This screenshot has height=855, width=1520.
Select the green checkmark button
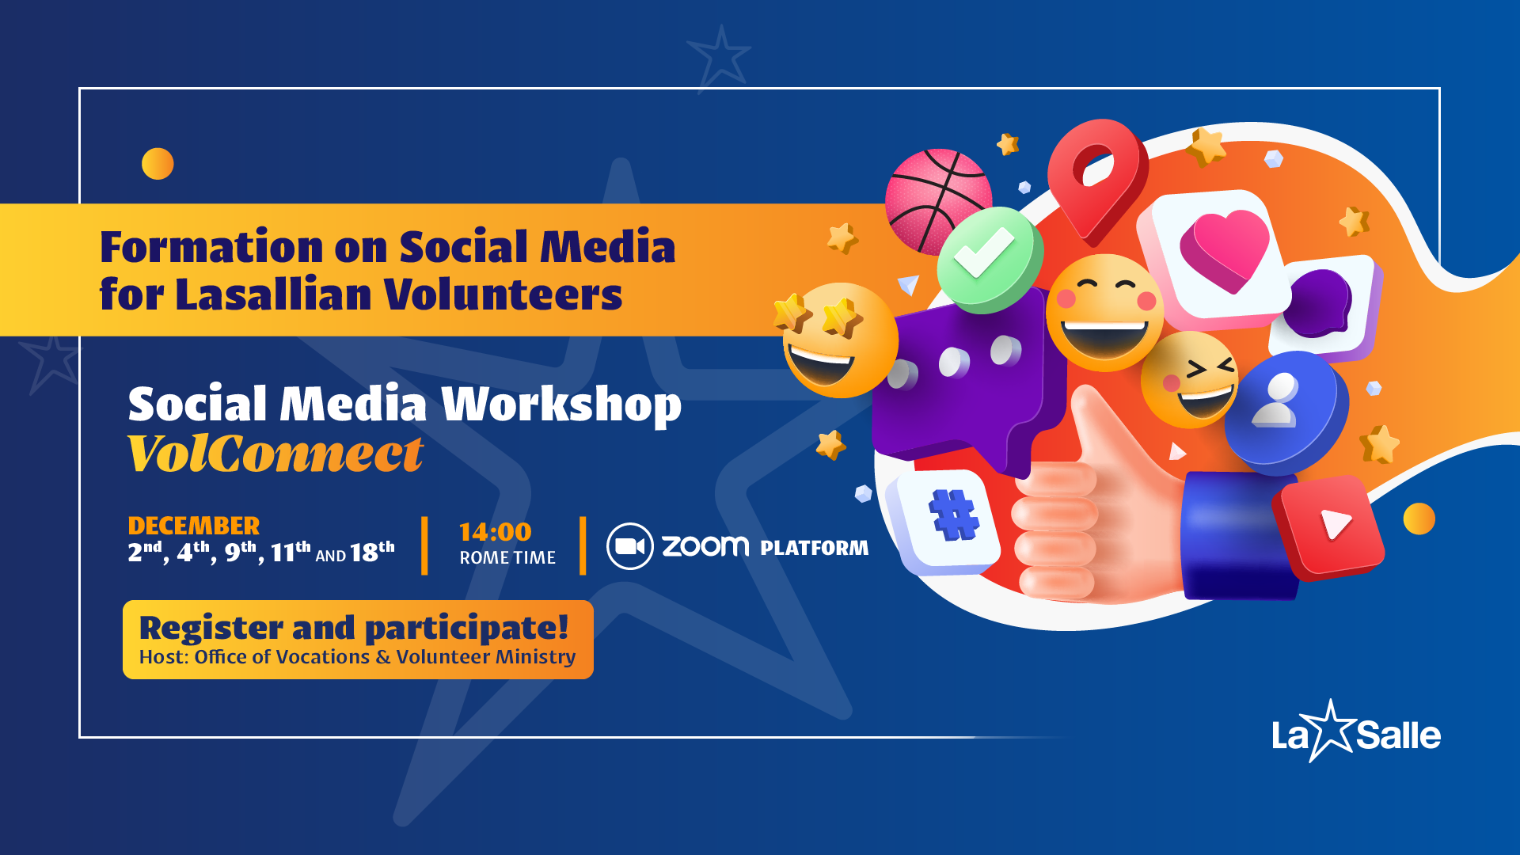tap(990, 259)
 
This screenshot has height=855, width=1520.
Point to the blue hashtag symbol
tap(955, 515)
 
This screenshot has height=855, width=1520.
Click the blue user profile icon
tap(1286, 409)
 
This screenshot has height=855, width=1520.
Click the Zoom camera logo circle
tap(629, 546)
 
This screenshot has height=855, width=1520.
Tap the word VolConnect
tap(275, 454)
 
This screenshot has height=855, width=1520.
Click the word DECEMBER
tap(194, 526)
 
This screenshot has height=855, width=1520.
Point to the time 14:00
tap(496, 532)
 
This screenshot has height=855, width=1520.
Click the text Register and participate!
tap(354, 628)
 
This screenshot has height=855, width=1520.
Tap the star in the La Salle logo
tap(1332, 731)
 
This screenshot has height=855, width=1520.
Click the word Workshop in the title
tap(561, 405)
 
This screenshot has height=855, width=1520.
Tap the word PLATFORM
tap(815, 548)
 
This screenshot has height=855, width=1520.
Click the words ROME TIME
tap(507, 557)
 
